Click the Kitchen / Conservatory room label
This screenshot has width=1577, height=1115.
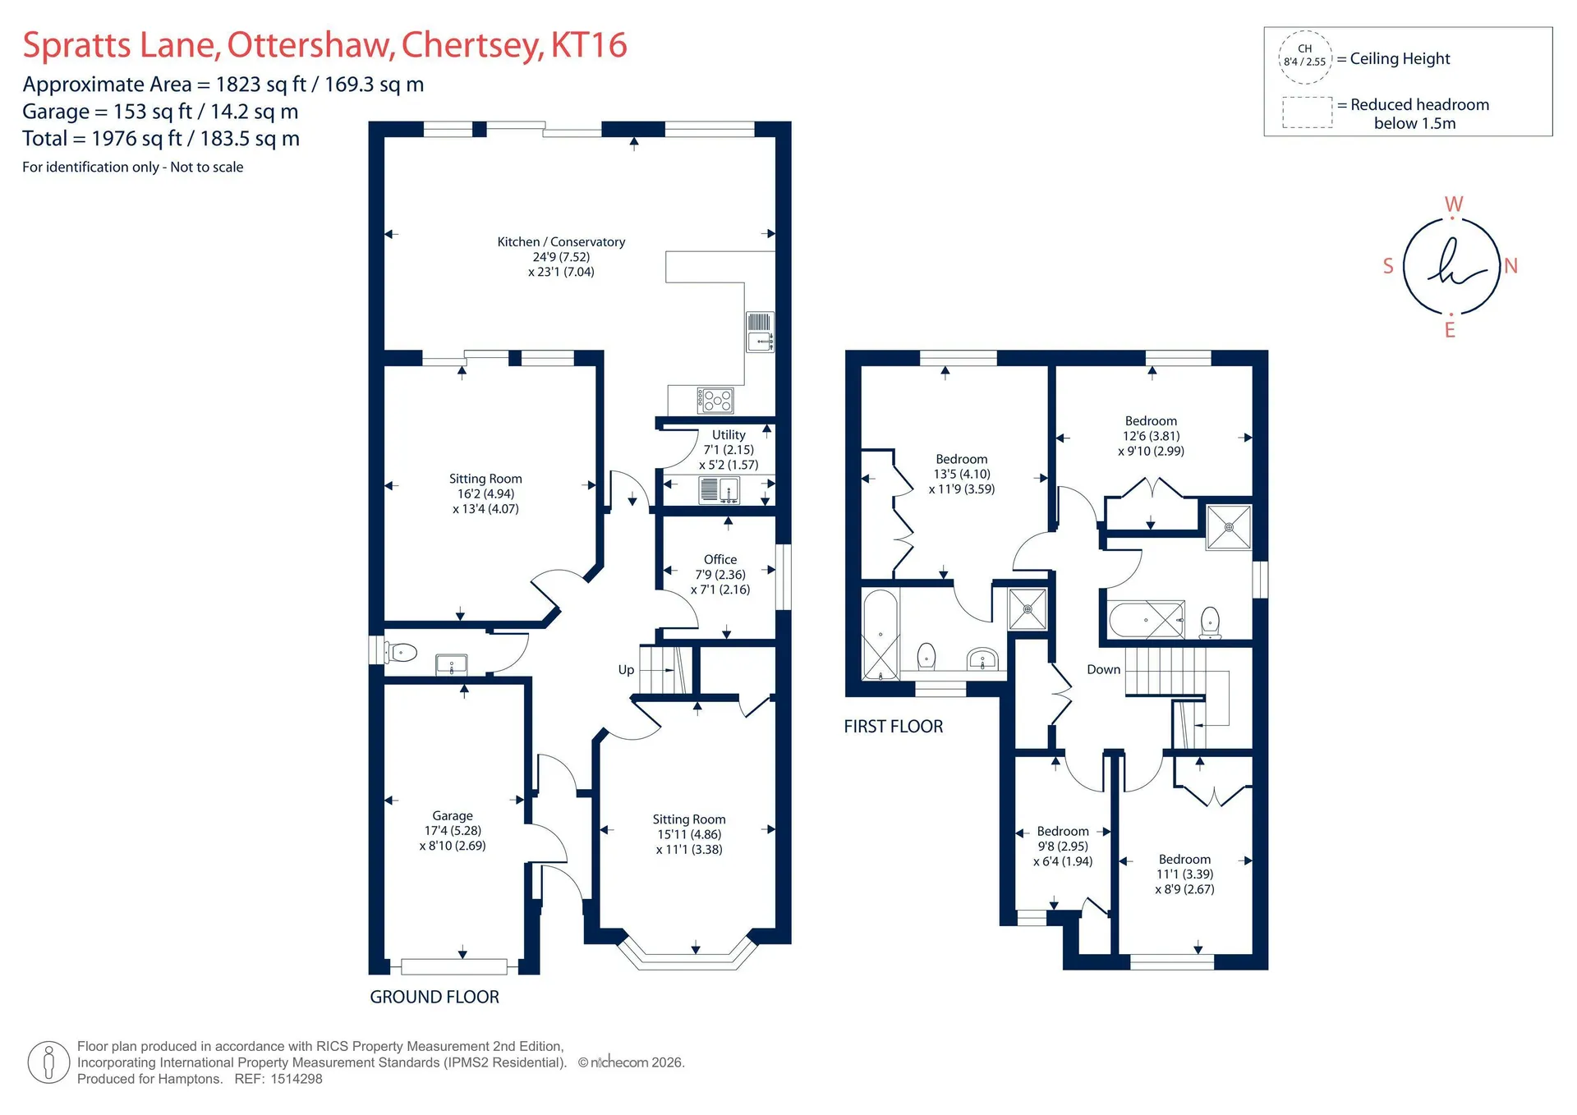(561, 257)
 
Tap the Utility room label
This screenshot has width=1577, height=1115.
(729, 450)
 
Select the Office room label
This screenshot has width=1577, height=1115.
(720, 575)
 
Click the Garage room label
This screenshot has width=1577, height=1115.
(453, 831)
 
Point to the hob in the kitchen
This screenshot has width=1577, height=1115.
(715, 401)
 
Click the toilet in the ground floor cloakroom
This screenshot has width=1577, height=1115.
(401, 653)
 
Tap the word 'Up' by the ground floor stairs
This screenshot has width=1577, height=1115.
(626, 670)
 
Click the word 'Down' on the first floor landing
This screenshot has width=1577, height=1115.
(1103, 669)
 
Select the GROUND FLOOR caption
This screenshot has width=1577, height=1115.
(434, 997)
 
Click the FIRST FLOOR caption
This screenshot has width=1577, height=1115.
(894, 727)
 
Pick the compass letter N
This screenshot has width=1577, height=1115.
(1511, 266)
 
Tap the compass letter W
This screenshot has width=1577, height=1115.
(1454, 204)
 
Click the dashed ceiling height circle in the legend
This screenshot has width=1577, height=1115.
(1305, 32)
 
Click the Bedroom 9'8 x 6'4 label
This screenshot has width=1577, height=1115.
(1063, 847)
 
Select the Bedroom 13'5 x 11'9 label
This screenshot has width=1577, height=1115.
(962, 474)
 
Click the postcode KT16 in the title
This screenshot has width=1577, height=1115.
(589, 45)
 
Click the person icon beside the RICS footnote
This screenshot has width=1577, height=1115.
(48, 1062)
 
